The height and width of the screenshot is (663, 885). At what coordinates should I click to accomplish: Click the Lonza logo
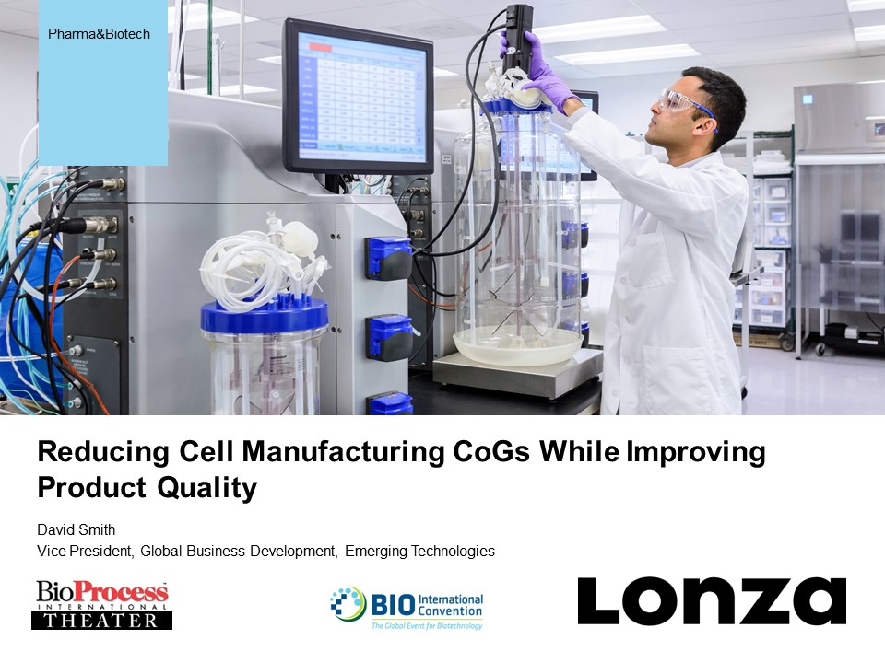point(712,601)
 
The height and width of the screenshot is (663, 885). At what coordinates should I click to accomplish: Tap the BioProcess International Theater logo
point(101,605)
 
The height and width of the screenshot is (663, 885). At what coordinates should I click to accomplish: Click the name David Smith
point(77,530)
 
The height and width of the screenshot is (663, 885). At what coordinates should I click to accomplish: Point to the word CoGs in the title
point(491,452)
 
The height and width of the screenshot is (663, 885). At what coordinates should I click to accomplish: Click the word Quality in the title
point(207,488)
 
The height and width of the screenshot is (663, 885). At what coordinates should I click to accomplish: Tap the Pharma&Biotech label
point(100,34)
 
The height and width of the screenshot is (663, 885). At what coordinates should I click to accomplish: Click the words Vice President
point(85,551)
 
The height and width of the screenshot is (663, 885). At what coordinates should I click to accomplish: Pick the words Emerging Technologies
point(420,552)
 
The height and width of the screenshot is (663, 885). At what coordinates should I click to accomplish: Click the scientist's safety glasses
point(682,104)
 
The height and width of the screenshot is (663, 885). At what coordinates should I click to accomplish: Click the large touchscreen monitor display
point(358,96)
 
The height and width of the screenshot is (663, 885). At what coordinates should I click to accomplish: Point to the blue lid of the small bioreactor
point(265,316)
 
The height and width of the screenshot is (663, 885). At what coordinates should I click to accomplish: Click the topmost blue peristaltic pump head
point(389,259)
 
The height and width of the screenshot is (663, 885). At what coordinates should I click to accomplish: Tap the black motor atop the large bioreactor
point(517,35)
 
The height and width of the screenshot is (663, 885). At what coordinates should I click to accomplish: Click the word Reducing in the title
point(103,453)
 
